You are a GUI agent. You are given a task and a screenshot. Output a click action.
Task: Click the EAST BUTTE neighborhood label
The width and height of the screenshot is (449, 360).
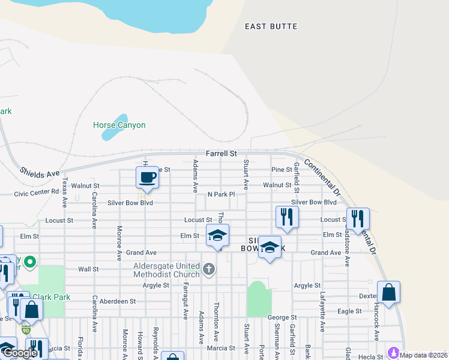point(271,26)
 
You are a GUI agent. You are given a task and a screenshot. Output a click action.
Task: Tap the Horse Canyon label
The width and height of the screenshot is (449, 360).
point(119,125)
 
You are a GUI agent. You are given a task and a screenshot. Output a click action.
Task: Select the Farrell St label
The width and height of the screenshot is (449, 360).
point(221,154)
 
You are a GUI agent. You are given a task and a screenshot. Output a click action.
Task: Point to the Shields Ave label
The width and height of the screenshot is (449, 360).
point(40,173)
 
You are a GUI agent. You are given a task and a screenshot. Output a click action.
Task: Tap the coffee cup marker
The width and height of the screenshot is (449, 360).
point(147,178)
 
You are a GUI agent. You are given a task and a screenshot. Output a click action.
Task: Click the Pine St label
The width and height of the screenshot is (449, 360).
point(281,170)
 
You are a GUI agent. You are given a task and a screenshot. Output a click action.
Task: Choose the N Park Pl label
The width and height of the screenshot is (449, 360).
point(221,194)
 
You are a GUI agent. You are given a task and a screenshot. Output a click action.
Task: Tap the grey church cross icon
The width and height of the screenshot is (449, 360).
point(209,269)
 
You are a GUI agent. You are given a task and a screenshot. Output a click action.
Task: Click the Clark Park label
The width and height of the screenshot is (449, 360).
point(52,297)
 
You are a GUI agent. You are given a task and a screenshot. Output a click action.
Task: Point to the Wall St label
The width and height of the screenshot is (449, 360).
point(88,269)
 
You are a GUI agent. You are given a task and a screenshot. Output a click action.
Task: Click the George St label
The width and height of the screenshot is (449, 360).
point(282,317)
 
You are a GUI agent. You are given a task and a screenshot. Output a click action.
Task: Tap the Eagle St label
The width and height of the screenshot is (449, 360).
point(349,311)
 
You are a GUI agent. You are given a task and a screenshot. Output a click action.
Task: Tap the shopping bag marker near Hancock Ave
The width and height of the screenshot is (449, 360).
point(388,293)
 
